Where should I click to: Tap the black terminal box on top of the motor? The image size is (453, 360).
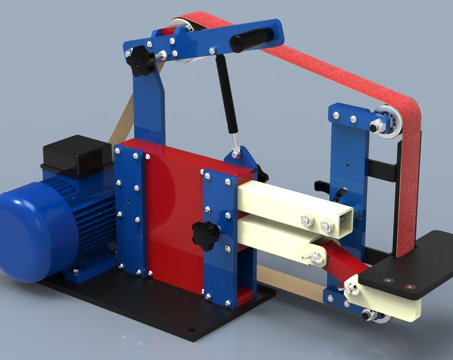[75, 153]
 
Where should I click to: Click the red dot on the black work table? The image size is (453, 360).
[408, 287]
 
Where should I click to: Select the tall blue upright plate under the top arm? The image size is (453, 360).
[151, 107]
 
